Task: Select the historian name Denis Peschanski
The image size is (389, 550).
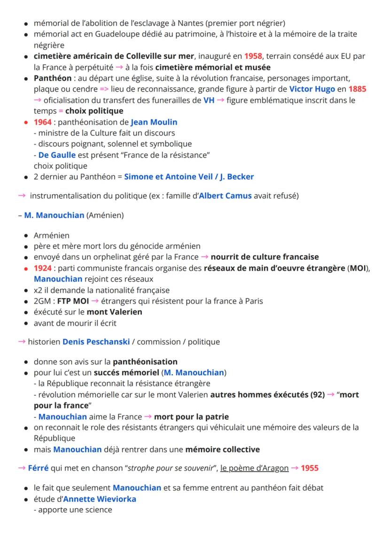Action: (x=96, y=342)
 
